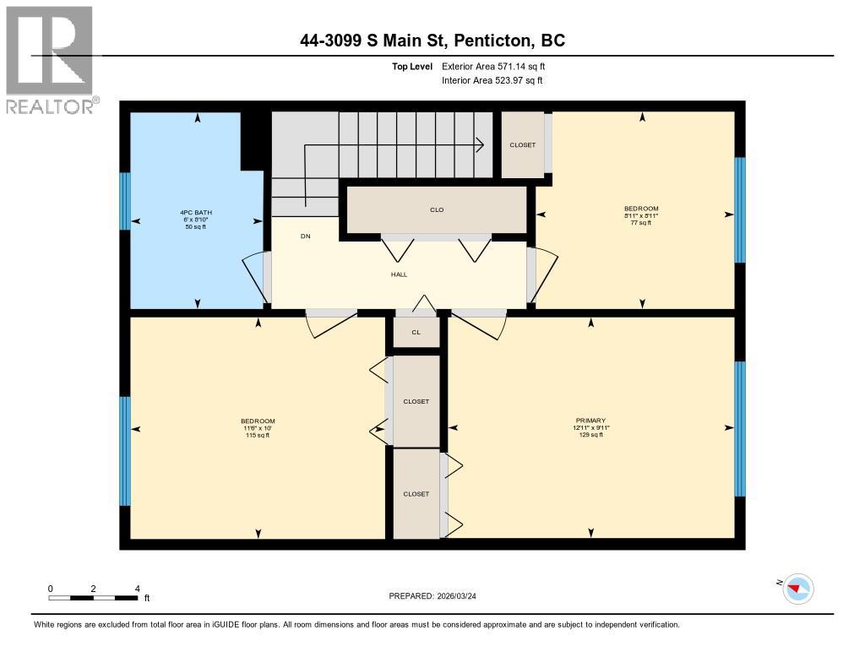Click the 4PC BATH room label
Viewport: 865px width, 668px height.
(x=193, y=212)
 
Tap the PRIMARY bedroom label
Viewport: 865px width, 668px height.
(x=590, y=420)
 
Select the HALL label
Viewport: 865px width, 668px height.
(x=399, y=274)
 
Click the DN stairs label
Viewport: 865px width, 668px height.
(x=305, y=236)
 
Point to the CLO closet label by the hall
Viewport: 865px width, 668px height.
(x=437, y=209)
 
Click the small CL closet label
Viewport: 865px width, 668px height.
(x=416, y=333)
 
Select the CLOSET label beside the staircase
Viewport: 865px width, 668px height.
(x=522, y=145)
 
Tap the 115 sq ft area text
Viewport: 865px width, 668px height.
(x=258, y=436)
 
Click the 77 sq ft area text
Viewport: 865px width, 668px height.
(x=641, y=223)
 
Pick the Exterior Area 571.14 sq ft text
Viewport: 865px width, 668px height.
(x=499, y=66)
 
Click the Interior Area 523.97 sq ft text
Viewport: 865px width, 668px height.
(x=492, y=81)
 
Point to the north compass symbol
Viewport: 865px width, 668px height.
(x=797, y=588)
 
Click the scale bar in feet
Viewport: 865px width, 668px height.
(x=93, y=598)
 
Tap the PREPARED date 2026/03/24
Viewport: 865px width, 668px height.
(x=438, y=596)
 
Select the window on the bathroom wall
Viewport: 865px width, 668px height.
(x=124, y=201)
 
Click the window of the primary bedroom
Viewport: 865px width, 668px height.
(x=740, y=428)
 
